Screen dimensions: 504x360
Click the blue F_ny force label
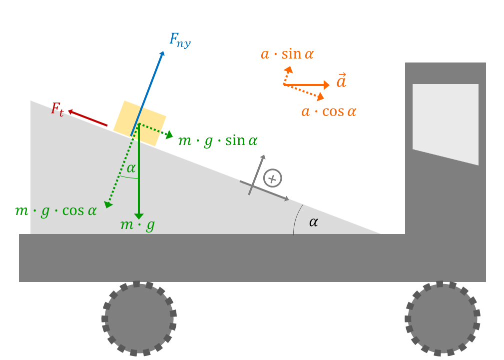180,40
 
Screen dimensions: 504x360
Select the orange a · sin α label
287,54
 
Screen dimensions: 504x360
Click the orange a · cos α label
329,111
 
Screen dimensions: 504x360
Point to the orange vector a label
341,80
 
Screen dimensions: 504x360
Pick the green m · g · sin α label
218,141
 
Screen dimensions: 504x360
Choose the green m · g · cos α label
56,211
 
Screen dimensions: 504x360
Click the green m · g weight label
137,225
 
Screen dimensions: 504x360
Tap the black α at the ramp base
313,222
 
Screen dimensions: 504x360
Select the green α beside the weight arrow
131,168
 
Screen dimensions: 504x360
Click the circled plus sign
273,178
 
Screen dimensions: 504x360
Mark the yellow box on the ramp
140,123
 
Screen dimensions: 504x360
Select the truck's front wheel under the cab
442,319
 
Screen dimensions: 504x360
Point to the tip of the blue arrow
164,51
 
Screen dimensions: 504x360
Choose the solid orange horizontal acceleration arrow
306,85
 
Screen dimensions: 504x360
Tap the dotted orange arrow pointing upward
287,75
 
